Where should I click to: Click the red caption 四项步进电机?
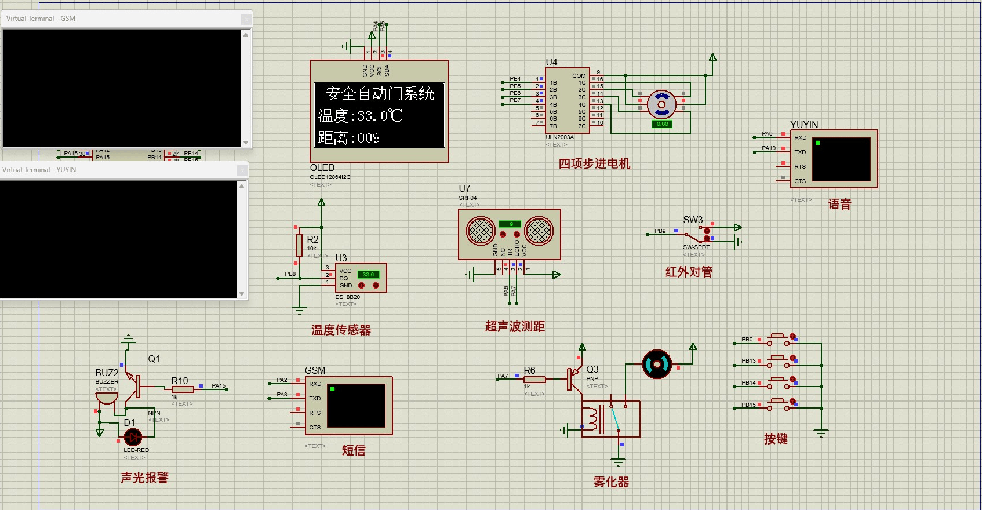coord(594,164)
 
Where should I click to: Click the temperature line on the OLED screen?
coord(360,116)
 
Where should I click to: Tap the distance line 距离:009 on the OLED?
coord(348,138)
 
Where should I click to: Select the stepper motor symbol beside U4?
coord(661,104)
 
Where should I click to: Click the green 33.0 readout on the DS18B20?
coord(369,275)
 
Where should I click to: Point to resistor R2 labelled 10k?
coord(299,245)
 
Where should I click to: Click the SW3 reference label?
coord(693,220)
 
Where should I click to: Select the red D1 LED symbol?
coord(133,437)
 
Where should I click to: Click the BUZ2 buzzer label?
coord(107,373)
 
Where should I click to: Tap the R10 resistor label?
coord(180,381)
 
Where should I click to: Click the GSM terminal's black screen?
coord(357,406)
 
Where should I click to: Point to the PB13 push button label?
coord(748,361)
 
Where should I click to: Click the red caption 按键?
coord(776,439)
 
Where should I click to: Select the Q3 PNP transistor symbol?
coord(574,377)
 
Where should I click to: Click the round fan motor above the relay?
coord(657,365)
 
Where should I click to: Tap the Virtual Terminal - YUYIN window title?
coord(39,170)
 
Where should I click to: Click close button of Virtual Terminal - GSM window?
coord(246,19)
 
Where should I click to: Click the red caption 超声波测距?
coord(515,327)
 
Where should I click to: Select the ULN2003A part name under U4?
coord(559,137)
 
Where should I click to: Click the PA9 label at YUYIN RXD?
coord(767,134)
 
